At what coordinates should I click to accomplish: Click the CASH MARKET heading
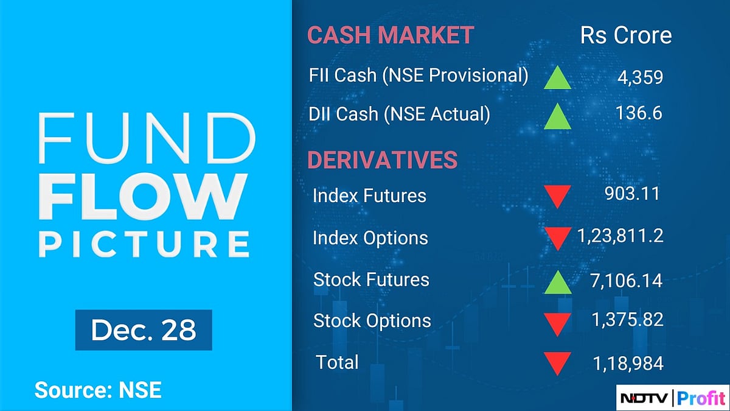(x=390, y=35)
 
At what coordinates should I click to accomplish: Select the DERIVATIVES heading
(x=382, y=160)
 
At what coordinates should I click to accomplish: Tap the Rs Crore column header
(x=626, y=35)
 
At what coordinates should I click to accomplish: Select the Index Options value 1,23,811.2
(x=619, y=236)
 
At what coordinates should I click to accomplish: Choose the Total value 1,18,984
(x=628, y=364)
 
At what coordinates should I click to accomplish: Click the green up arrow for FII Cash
(x=558, y=79)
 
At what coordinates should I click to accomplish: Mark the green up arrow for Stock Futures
(x=558, y=282)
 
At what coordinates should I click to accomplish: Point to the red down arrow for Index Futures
(x=557, y=197)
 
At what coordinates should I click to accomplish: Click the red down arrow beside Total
(x=557, y=364)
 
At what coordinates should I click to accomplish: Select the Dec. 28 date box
(x=144, y=330)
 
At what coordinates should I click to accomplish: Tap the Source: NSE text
(x=98, y=390)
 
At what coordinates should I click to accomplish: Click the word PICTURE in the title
(x=144, y=244)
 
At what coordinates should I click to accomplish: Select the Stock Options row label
(x=372, y=321)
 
